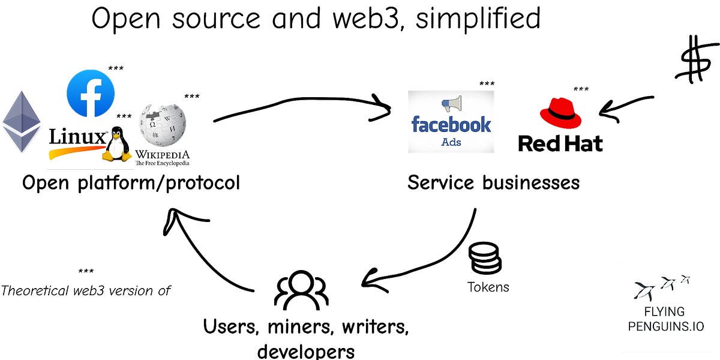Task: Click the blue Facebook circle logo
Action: (91, 93)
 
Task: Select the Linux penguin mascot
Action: (117, 145)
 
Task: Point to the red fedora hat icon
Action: (560, 112)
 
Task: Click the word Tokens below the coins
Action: (488, 287)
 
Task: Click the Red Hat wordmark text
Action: (560, 143)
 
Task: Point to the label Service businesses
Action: (493, 182)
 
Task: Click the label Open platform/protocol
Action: (131, 182)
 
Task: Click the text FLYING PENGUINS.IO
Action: (665, 319)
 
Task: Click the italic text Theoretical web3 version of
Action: (86, 291)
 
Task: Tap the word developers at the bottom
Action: (306, 350)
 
